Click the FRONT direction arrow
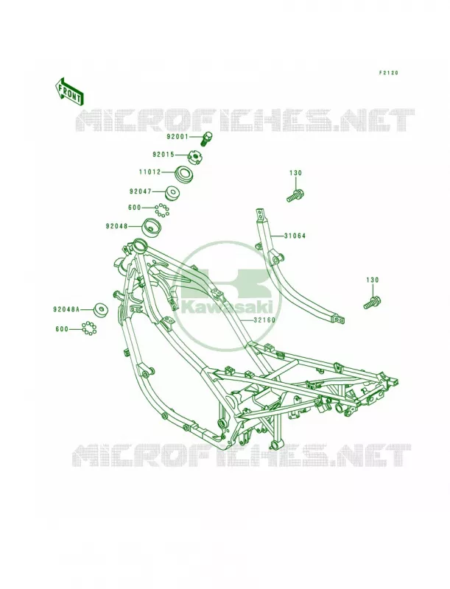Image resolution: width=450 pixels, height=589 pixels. coord(69,91)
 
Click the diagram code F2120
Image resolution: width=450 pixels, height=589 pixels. coord(388,72)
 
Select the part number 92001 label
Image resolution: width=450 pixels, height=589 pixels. coord(177,137)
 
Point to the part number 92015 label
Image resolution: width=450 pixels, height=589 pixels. coord(164,155)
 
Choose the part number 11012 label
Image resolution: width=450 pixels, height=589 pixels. coord(150,172)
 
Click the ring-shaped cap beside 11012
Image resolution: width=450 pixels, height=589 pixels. coord(185,174)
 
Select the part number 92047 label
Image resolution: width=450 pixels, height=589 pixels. coord(140,191)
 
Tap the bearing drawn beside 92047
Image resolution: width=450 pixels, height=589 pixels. coord(172,192)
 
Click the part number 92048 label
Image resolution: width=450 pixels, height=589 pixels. coord(116,227)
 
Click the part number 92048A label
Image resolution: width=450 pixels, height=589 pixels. coord(66,309)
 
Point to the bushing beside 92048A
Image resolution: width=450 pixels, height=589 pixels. coord(100,310)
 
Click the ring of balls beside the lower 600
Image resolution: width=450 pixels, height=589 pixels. coord(89,328)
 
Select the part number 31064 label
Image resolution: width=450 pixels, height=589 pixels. coord(295,236)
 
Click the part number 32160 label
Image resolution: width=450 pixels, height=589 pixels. coord(264,320)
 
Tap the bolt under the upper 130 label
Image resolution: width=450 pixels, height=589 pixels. coord(295,196)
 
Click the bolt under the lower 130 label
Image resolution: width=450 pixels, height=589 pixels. coord(372,303)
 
